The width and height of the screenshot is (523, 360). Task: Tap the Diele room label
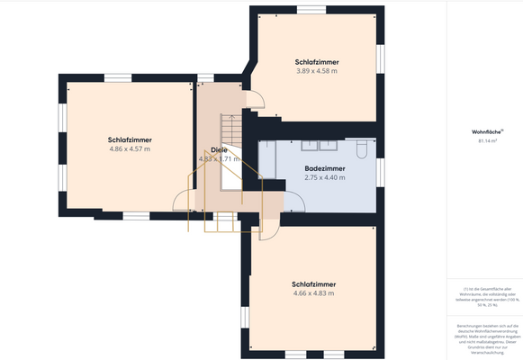pos(218,149)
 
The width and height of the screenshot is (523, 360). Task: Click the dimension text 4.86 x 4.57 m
pos(129,149)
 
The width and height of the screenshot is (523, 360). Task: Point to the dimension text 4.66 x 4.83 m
pos(313,292)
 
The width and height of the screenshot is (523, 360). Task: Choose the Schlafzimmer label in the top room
pos(316,61)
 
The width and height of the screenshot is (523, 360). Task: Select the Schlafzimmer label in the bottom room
pos(313,283)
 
